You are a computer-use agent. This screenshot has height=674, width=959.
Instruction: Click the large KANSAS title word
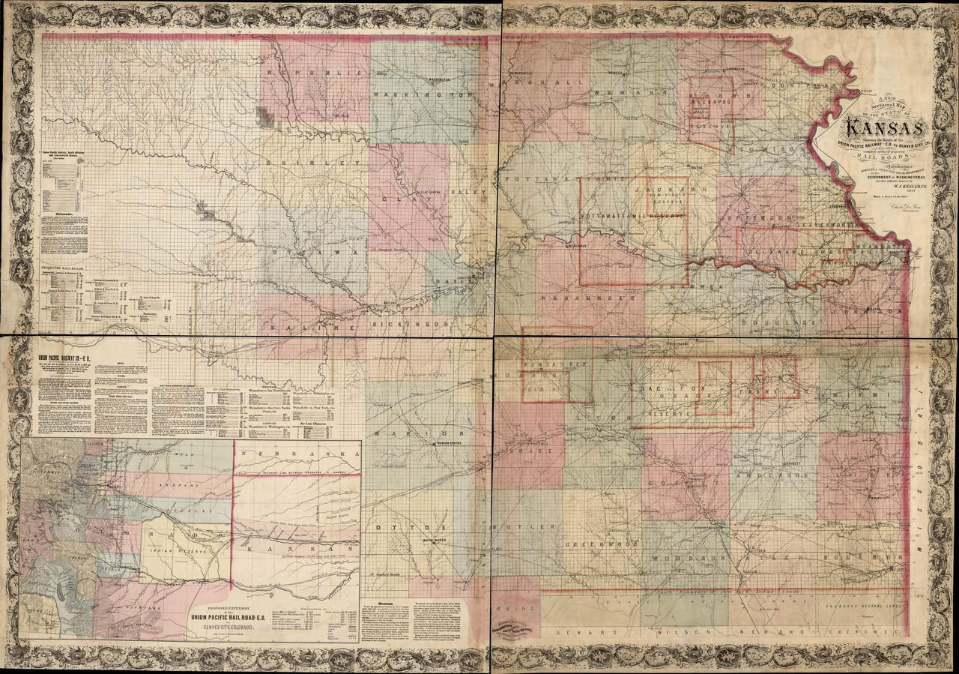point(877,128)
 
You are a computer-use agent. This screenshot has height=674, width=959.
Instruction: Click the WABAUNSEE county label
point(592,297)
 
